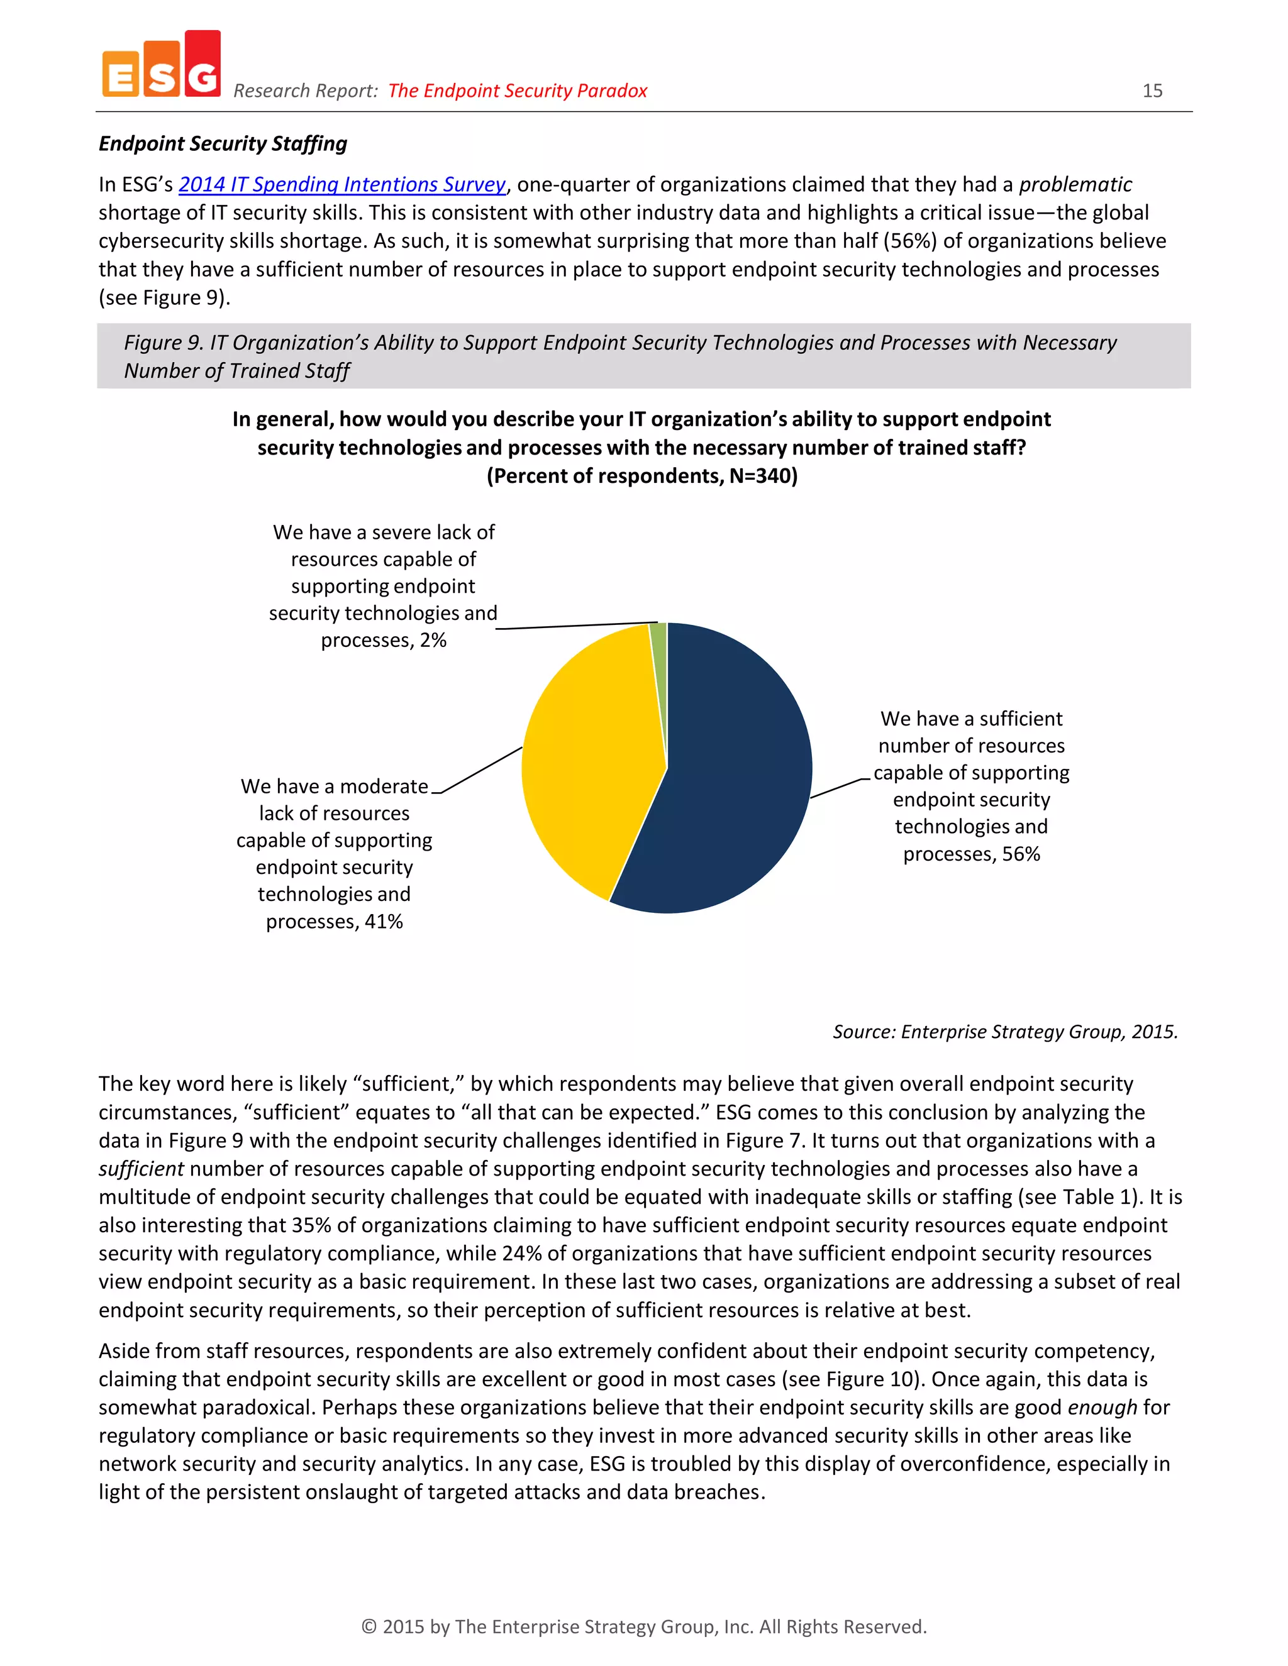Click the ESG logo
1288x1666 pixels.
162,65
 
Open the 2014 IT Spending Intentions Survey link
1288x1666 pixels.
342,185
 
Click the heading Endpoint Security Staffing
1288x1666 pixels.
223,143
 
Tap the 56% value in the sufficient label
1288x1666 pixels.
1021,854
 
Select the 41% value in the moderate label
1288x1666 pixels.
383,922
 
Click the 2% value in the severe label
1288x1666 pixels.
433,640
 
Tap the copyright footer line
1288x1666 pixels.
643,1626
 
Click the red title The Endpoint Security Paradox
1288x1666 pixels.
518,91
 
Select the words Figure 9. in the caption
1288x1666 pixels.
164,343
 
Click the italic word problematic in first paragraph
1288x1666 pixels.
1075,185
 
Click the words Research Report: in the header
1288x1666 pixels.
305,91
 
